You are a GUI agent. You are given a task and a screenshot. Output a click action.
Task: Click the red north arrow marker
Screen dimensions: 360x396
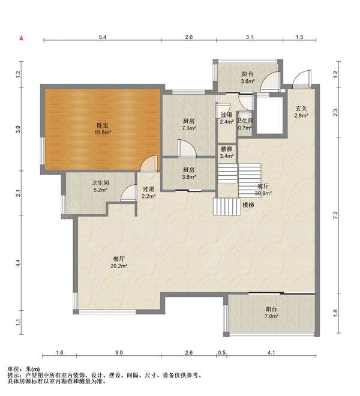pyautogui.click(x=22, y=38)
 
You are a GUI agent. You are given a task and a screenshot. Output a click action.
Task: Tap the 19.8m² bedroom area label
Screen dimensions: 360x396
pyautogui.click(x=103, y=128)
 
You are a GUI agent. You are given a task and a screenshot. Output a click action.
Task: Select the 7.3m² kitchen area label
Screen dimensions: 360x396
pyautogui.click(x=189, y=125)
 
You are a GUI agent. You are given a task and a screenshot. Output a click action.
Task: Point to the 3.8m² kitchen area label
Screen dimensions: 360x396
pyautogui.click(x=189, y=173)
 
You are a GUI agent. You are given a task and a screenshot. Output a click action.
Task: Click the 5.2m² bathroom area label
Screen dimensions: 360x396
pyautogui.click(x=100, y=186)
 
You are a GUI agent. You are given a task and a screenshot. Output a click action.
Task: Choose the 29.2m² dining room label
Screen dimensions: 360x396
pyautogui.click(x=119, y=262)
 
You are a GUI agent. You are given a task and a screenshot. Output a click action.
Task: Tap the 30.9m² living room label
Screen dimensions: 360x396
pyautogui.click(x=263, y=190)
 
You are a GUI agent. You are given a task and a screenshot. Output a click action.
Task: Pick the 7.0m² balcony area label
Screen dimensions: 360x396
pyautogui.click(x=271, y=313)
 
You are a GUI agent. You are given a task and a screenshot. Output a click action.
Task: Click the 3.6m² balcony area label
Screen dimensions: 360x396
pyautogui.click(x=248, y=77)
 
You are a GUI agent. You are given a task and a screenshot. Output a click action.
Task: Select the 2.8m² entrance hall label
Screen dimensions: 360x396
pyautogui.click(x=301, y=112)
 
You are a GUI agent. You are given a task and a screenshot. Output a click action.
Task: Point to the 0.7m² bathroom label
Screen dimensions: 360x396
pyautogui.click(x=245, y=124)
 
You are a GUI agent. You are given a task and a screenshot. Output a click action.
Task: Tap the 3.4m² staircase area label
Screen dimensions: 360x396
pyautogui.click(x=226, y=152)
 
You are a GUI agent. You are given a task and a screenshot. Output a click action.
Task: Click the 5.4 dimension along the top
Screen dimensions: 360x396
pyautogui.click(x=103, y=37)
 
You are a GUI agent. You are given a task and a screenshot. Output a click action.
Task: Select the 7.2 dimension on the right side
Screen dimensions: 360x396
pyautogui.click(x=335, y=215)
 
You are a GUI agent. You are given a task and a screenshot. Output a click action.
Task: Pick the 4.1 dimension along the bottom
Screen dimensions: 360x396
pyautogui.click(x=271, y=352)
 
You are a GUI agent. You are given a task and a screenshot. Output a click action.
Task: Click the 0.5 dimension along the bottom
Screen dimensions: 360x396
pyautogui.click(x=221, y=352)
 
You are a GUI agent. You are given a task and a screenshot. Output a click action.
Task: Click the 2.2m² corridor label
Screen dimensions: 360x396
pyautogui.click(x=149, y=192)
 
